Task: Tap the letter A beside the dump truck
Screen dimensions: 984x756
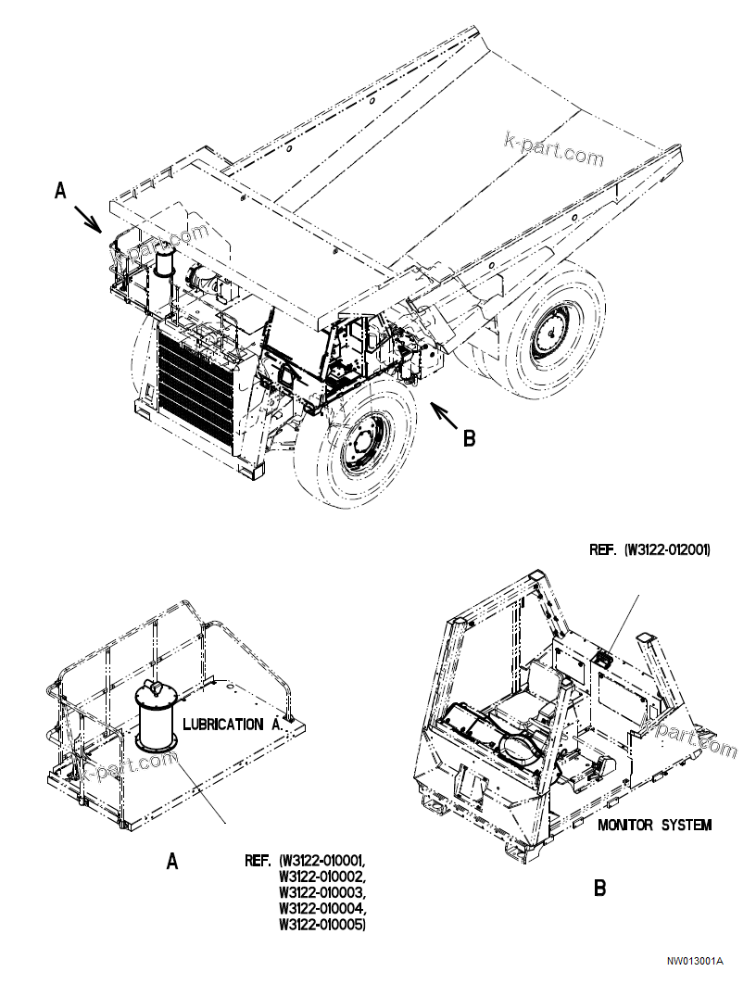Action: pyautogui.click(x=61, y=191)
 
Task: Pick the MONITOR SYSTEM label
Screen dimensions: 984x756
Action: pyautogui.click(x=655, y=825)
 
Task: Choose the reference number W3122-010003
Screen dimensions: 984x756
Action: pyautogui.click(x=321, y=892)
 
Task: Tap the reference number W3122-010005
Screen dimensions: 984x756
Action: pyautogui.click(x=321, y=924)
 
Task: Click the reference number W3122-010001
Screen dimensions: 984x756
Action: pyautogui.click(x=323, y=861)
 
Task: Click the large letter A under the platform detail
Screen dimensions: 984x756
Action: pyautogui.click(x=172, y=862)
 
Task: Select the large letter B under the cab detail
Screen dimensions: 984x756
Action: pyautogui.click(x=599, y=889)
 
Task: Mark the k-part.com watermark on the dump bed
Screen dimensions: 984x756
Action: pyautogui.click(x=553, y=149)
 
